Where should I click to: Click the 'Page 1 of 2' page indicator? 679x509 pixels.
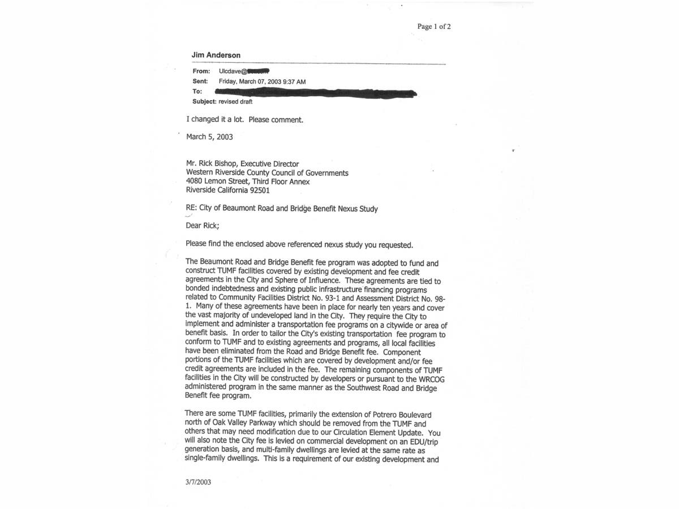pyautogui.click(x=434, y=27)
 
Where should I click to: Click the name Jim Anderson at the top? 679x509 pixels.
pyautogui.click(x=216, y=55)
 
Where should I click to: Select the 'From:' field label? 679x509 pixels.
pyautogui.click(x=201, y=71)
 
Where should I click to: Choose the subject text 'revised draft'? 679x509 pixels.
pyautogui.click(x=235, y=102)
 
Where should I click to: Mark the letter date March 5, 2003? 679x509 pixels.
pyautogui.click(x=209, y=137)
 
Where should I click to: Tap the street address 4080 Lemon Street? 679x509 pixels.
pyautogui.click(x=217, y=182)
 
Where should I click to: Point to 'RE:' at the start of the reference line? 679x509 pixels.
pyautogui.click(x=191, y=209)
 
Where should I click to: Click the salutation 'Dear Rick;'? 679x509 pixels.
pyautogui.click(x=202, y=226)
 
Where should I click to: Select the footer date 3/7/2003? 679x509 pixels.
pyautogui.click(x=197, y=482)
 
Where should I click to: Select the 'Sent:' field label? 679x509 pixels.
pyautogui.click(x=200, y=81)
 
